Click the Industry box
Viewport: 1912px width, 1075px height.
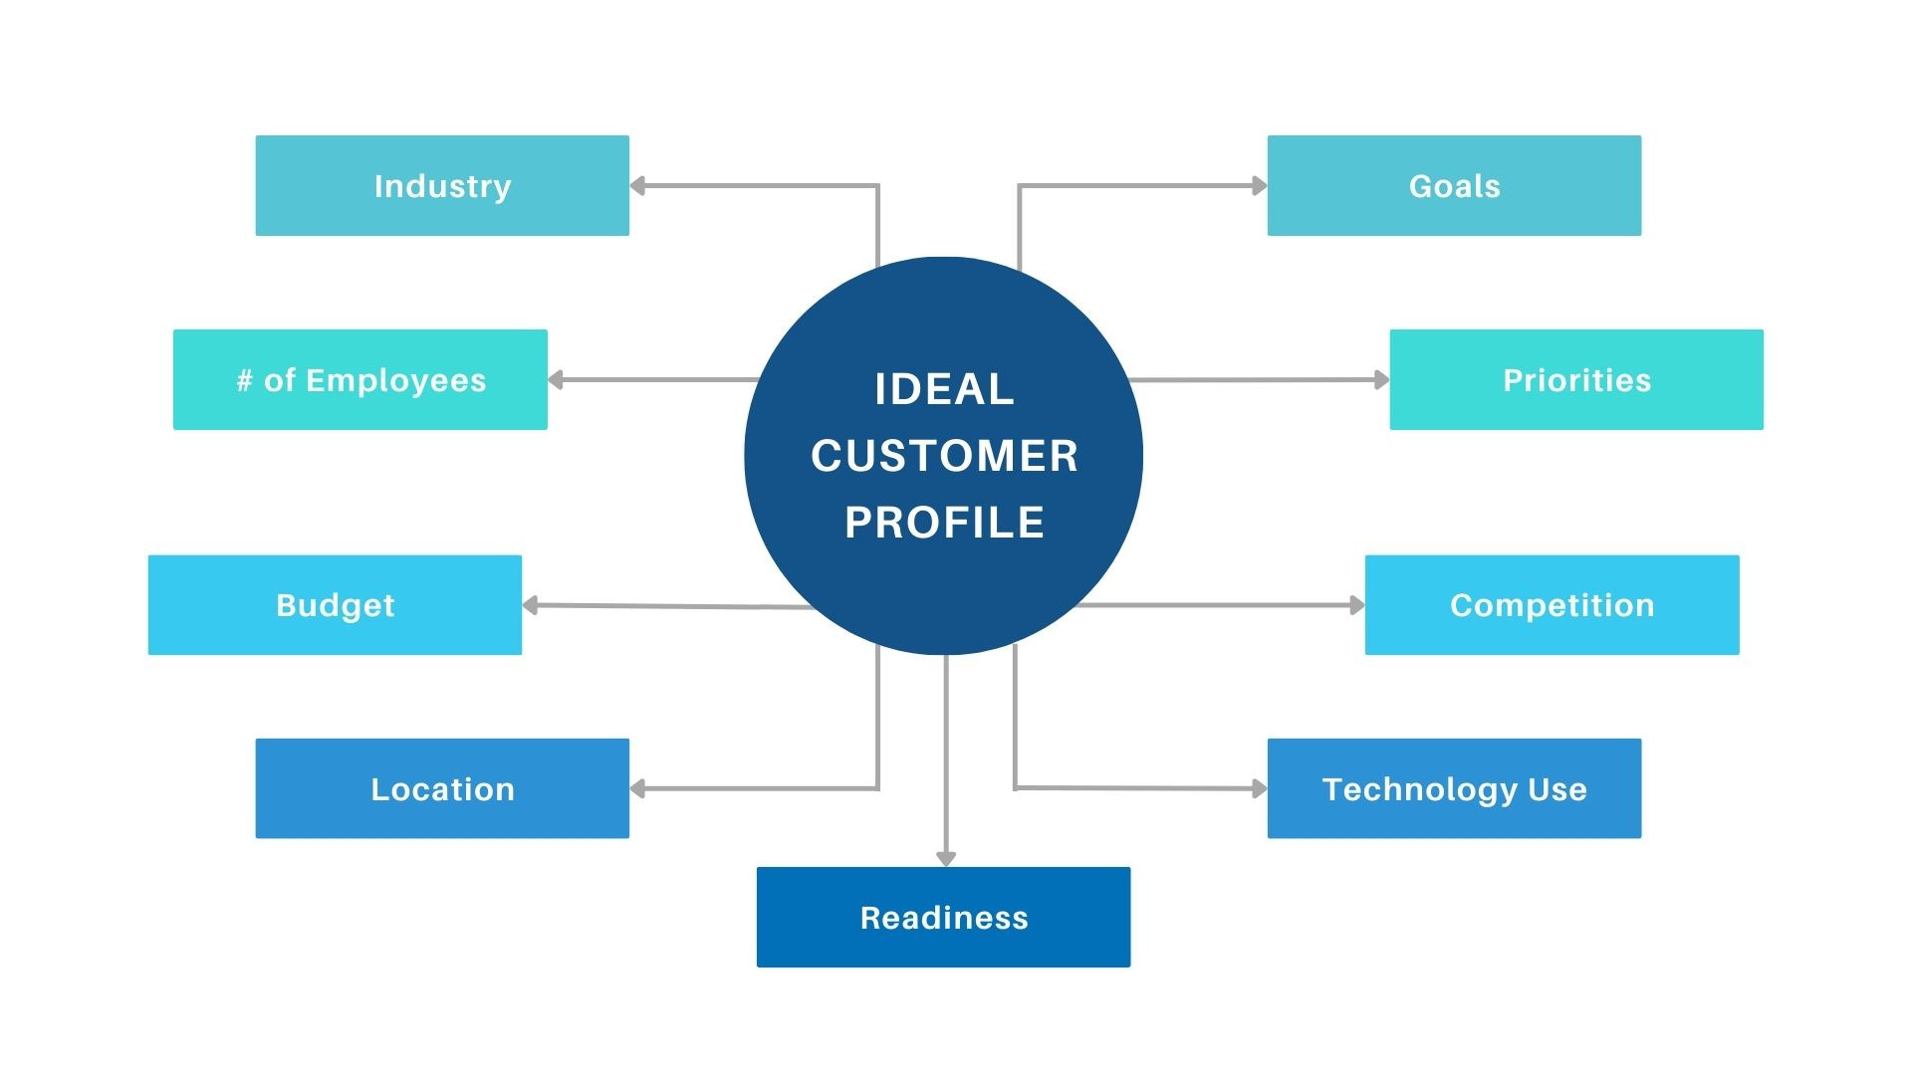click(442, 186)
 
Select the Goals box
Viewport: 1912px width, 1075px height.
click(1454, 186)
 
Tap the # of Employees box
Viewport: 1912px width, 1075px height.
click(360, 380)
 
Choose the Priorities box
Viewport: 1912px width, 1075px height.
click(1576, 380)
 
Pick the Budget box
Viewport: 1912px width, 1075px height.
click(335, 605)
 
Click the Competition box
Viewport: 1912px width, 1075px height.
click(1552, 605)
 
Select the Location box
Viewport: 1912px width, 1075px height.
click(442, 788)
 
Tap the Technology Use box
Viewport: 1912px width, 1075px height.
click(1454, 788)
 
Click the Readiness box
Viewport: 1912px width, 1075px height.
click(943, 917)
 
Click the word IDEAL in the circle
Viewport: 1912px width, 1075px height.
click(944, 389)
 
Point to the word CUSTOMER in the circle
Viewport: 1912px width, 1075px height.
click(944, 456)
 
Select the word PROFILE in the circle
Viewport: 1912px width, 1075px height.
click(944, 523)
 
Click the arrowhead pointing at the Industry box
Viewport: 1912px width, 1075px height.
click(638, 186)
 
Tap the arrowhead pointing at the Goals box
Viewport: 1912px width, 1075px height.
click(1259, 185)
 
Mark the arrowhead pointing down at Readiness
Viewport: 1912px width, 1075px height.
click(946, 858)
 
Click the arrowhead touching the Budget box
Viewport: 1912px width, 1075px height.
click(531, 605)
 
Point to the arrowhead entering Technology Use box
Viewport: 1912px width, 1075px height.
click(1259, 788)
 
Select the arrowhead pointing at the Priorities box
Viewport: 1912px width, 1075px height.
click(1381, 379)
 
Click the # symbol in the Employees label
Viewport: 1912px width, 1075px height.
click(244, 380)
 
